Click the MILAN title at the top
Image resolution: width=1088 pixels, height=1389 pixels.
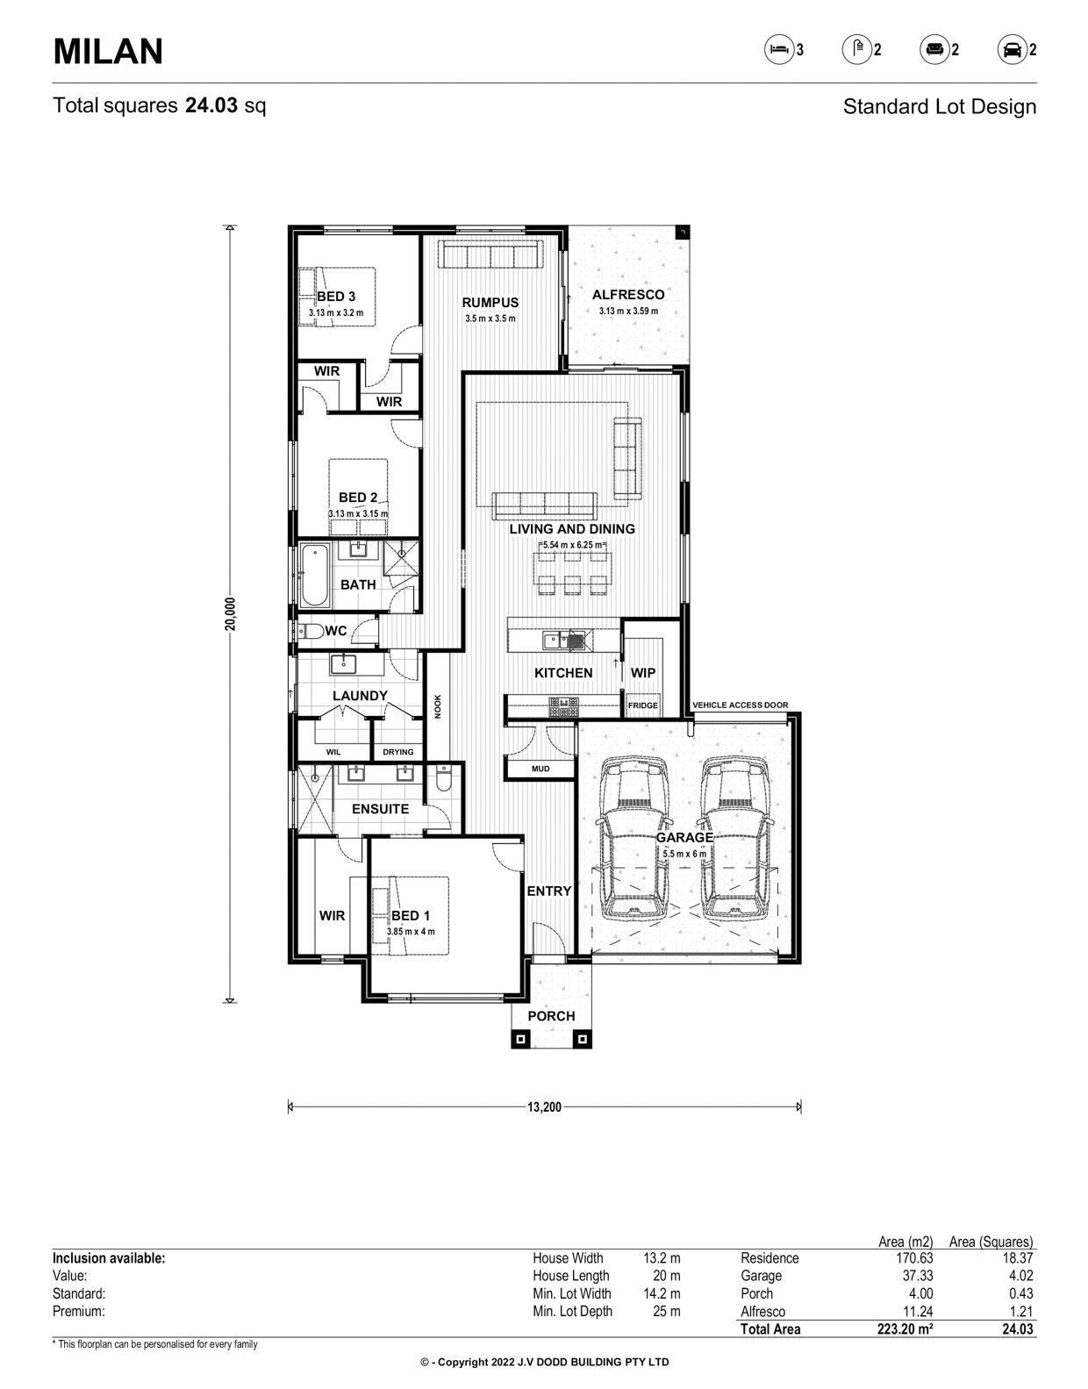pyautogui.click(x=108, y=51)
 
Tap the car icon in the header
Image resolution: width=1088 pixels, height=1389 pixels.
pyautogui.click(x=1012, y=50)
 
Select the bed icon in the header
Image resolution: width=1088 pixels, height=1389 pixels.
pyautogui.click(x=779, y=49)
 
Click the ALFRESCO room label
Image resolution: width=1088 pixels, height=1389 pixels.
pyautogui.click(x=628, y=295)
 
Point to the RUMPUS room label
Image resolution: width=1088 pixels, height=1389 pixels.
pyautogui.click(x=490, y=303)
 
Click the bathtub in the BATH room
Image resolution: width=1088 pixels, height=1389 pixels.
pyautogui.click(x=314, y=576)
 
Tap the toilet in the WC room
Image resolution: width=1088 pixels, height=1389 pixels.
pyautogui.click(x=311, y=632)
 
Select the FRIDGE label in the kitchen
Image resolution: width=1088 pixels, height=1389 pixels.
pyautogui.click(x=642, y=705)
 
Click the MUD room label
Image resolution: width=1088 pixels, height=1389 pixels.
pyautogui.click(x=540, y=769)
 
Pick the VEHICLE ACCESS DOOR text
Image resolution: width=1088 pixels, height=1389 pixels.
pyautogui.click(x=740, y=705)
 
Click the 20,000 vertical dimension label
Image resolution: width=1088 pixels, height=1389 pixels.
pyautogui.click(x=230, y=614)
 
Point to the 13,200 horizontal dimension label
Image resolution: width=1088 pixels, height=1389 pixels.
pyautogui.click(x=544, y=1107)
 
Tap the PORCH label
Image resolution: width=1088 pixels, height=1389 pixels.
pyautogui.click(x=551, y=1016)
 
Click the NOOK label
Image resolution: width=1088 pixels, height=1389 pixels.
pyautogui.click(x=438, y=706)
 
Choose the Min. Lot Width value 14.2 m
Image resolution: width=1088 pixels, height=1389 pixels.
pyautogui.click(x=662, y=1293)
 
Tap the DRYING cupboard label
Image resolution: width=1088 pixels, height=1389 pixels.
pyautogui.click(x=398, y=752)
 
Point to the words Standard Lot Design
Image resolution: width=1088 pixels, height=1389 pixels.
pyautogui.click(x=939, y=106)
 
